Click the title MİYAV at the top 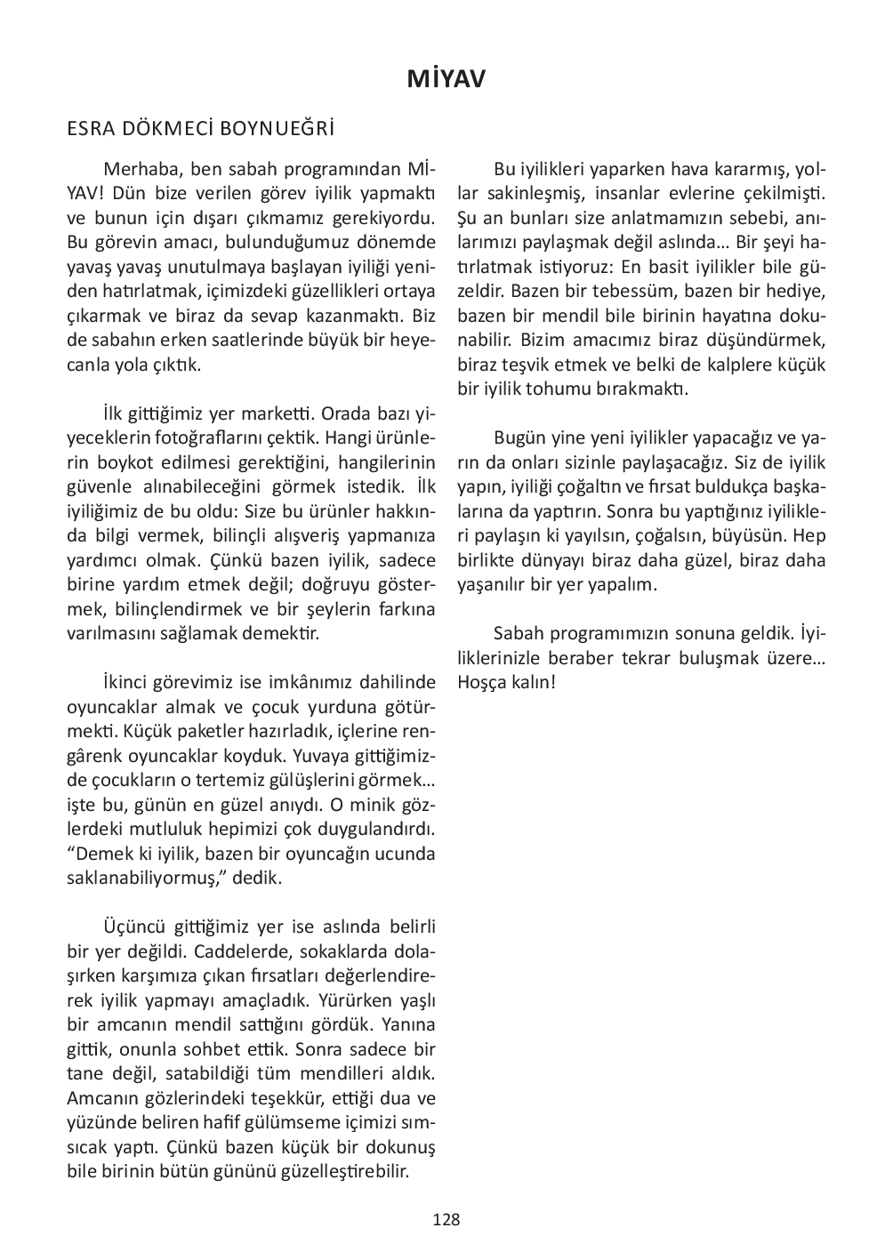point(446,80)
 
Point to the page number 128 point(446,1220)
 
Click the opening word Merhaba point(138,169)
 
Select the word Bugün point(519,438)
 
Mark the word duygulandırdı point(378,830)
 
